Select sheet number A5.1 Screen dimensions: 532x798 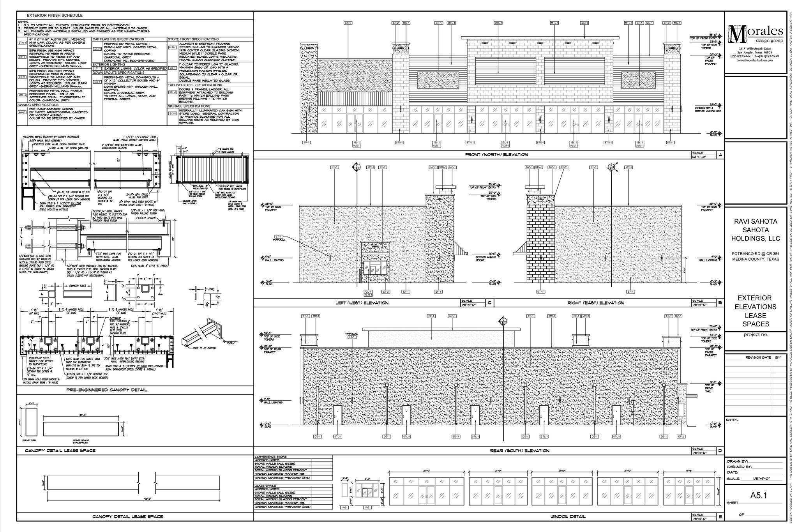[758, 495]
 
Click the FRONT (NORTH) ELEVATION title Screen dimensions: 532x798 [496, 155]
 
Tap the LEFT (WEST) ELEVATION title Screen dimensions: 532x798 [362, 303]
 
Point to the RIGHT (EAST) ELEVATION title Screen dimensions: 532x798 [596, 303]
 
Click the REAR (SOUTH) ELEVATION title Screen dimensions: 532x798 [519, 451]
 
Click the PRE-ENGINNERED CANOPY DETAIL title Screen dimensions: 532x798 [106, 390]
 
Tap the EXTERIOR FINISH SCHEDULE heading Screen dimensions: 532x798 [55, 16]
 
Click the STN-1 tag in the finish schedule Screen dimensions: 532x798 [22, 42]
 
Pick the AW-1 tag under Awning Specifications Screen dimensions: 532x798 [22, 113]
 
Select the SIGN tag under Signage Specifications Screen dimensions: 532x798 [172, 114]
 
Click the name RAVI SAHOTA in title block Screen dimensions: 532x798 [756, 221]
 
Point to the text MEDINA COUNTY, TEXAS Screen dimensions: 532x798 [756, 259]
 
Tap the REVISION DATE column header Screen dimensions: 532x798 [758, 357]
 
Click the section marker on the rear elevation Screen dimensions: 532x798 [502, 322]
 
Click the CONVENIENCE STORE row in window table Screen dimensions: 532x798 [271, 457]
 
